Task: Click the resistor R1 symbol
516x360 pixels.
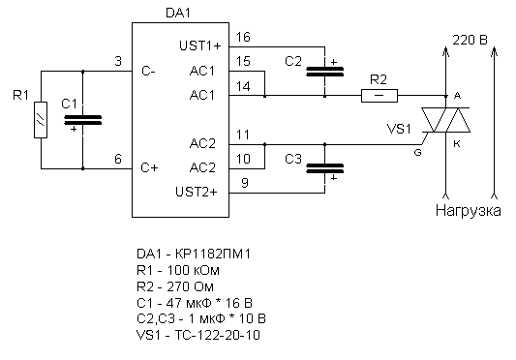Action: coord(41,120)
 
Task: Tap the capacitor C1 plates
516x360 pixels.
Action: coord(82,120)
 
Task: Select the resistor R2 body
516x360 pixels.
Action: coord(379,96)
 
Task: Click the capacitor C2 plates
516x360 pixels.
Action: coord(325,72)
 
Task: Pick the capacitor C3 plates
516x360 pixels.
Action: coord(325,168)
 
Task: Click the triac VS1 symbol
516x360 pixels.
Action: coord(446,120)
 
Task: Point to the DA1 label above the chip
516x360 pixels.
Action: coord(178,14)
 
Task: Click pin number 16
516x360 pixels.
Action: coord(243,37)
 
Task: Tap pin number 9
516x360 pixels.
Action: coord(245,183)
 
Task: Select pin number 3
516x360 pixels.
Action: coord(118,61)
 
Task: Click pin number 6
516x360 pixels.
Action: coord(118,160)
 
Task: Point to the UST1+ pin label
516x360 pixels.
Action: coord(200,45)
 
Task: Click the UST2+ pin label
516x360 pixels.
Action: coord(197,192)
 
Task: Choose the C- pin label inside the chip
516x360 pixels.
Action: coord(148,71)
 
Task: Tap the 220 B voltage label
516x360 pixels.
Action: coord(470,40)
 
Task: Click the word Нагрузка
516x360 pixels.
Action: coord(469,210)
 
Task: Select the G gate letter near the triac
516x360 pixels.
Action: coord(417,153)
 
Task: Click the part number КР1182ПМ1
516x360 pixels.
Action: coord(213,255)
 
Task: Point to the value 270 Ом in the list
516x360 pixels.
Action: coord(190,286)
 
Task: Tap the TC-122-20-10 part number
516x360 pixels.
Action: coord(217,335)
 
